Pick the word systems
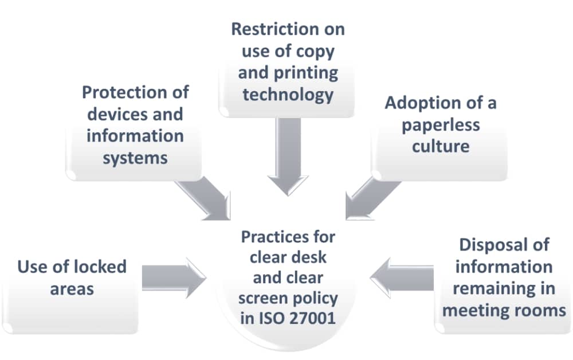[x=135, y=157]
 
